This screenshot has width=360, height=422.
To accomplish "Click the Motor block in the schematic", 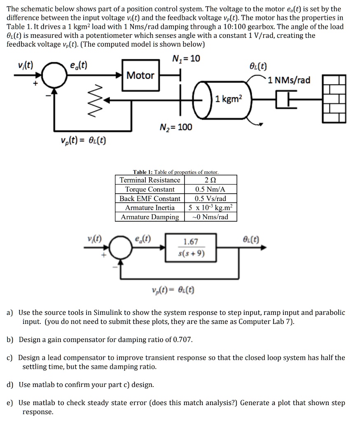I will pos(140,75).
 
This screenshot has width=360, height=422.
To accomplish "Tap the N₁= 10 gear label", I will pos(186,59).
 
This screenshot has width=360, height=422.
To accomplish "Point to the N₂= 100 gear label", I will pos(176,127).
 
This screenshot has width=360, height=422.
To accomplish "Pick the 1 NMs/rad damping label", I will pos(289,80).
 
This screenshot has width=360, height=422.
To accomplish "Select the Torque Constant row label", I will pos(150,189).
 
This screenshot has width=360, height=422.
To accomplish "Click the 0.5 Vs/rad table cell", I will pos(210,199).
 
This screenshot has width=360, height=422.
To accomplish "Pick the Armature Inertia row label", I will pos(150,208).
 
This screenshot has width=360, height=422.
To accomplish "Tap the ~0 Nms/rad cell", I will pos(210,217).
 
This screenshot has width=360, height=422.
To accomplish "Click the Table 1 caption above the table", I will pos(176,172).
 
